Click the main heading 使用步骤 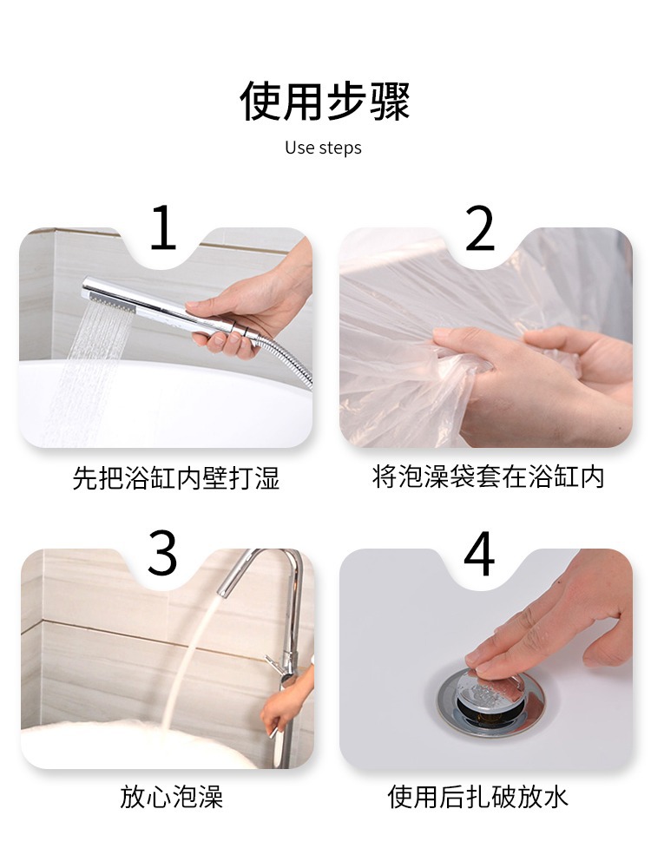click(x=325, y=102)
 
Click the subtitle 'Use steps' click(x=323, y=148)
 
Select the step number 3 click(x=162, y=553)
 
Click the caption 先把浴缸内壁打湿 click(x=176, y=478)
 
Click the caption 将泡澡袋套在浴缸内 click(x=488, y=477)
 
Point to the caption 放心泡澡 click(x=172, y=797)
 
